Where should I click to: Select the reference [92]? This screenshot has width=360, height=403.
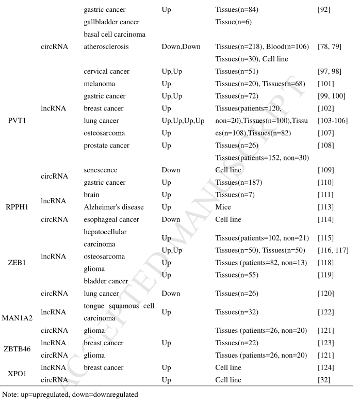pyautogui.click(x=327, y=10)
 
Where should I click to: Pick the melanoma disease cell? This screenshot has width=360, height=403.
pyautogui.click(x=100, y=84)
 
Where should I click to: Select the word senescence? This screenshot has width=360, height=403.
pyautogui.click(x=101, y=170)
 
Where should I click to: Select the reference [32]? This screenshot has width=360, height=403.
pyautogui.click(x=327, y=380)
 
